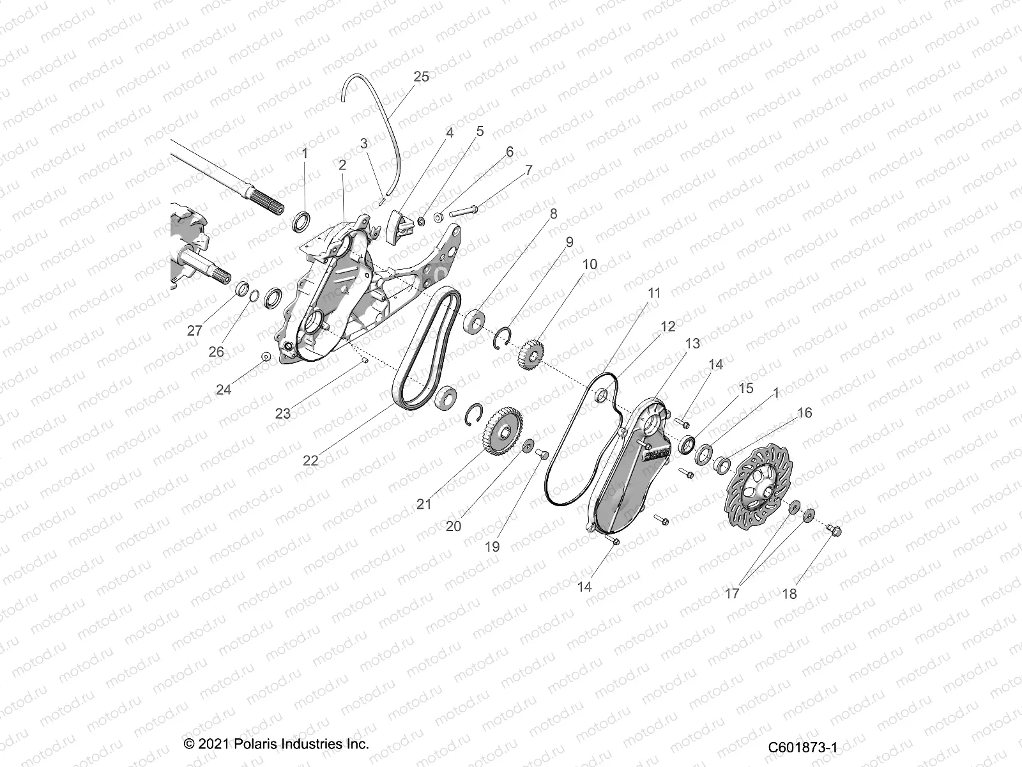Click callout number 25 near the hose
421,77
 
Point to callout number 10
590,264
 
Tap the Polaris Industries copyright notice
276,745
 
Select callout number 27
195,331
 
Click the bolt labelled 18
834,530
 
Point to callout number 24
223,389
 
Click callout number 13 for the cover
692,343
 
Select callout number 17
732,593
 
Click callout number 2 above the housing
342,165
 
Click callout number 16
804,413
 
